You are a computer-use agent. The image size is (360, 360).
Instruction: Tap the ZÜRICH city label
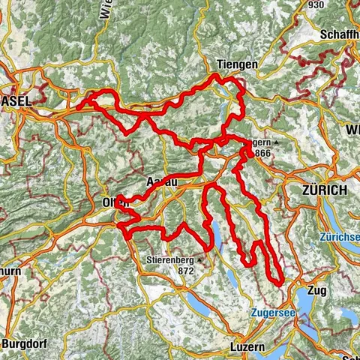(324, 190)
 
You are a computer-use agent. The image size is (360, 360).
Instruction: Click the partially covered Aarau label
(160, 182)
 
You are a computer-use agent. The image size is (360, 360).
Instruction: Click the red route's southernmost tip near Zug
(280, 283)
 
